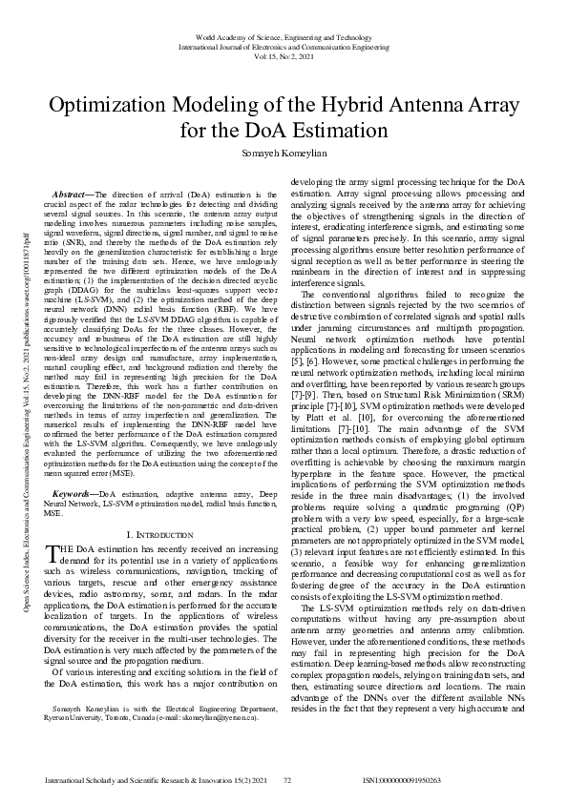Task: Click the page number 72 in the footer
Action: pyautogui.click(x=286, y=780)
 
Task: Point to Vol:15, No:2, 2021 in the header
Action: pyautogui.click(x=284, y=54)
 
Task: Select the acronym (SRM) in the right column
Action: pyautogui.click(x=496, y=391)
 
